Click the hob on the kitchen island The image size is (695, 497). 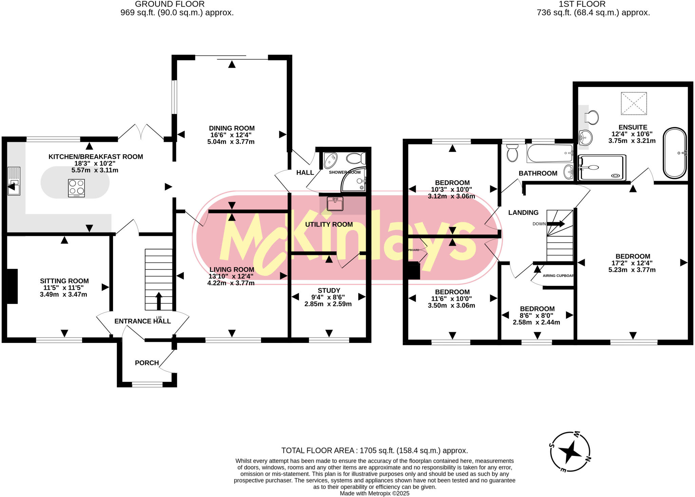click(76, 188)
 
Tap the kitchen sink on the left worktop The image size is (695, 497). click(14, 181)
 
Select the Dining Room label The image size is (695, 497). click(232, 128)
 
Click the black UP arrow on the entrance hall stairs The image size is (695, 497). click(159, 300)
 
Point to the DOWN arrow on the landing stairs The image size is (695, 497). click(556, 224)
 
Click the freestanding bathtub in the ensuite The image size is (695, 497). click(675, 153)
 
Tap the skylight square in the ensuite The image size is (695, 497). click(634, 104)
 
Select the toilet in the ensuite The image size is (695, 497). click(592, 117)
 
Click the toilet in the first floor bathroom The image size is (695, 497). click(512, 153)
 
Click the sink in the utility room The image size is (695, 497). click(335, 204)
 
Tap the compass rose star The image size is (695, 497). click(570, 452)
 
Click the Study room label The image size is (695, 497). click(328, 291)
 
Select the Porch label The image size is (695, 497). click(147, 363)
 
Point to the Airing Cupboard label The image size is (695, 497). click(558, 276)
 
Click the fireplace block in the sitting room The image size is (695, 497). click(12, 286)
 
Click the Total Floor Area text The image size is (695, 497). click(374, 450)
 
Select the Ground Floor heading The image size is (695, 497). click(170, 4)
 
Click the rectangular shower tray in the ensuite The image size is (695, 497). click(602, 168)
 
